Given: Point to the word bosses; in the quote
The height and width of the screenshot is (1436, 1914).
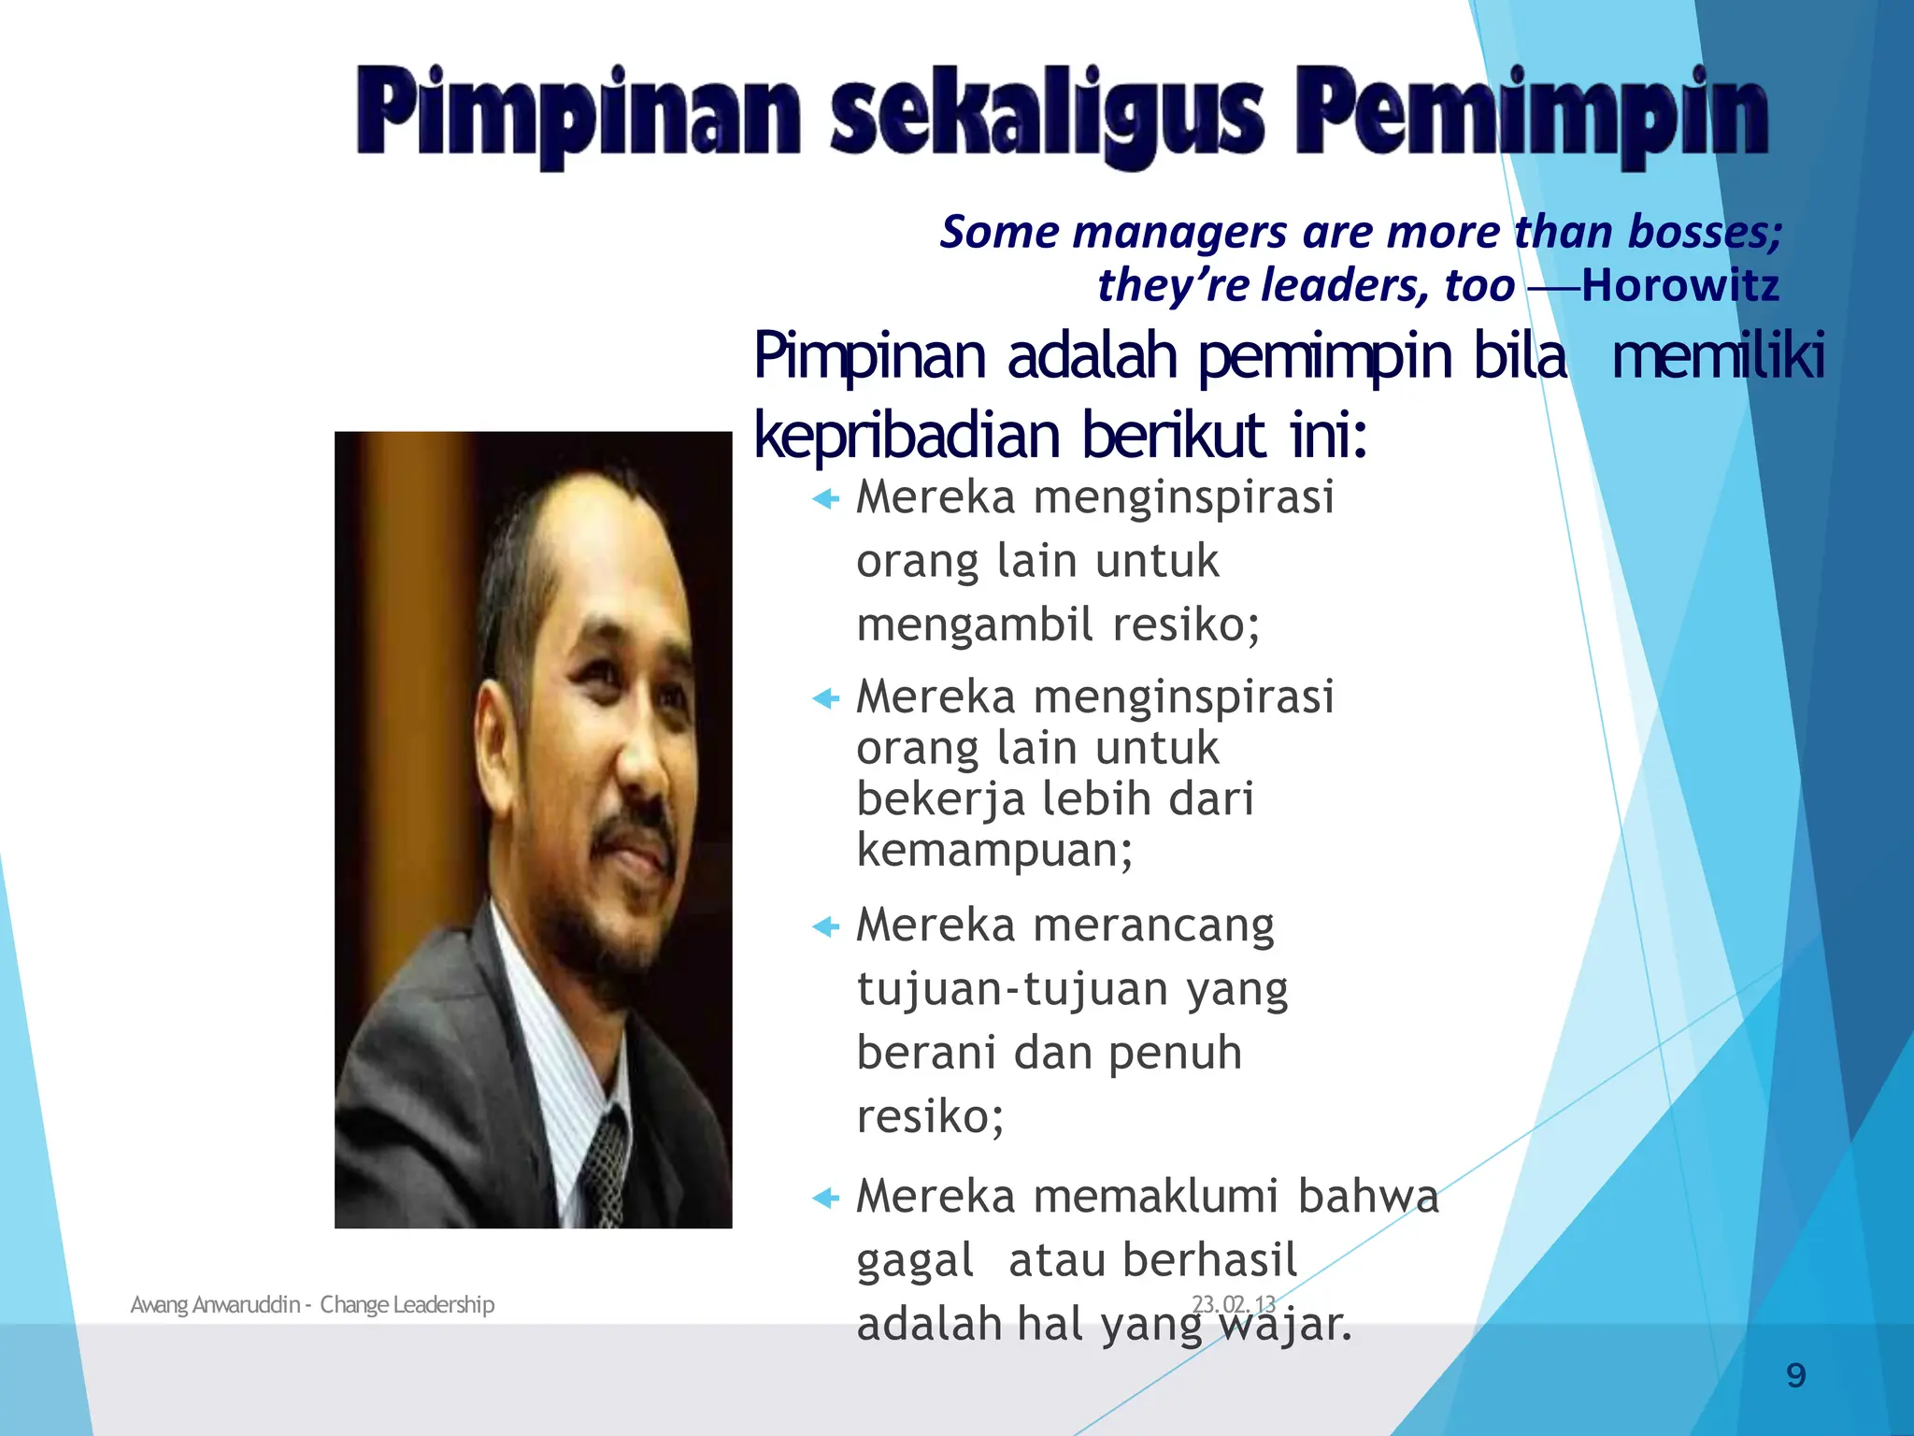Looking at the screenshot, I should pos(1705,232).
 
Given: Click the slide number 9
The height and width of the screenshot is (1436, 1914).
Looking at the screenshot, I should pos(1795,1375).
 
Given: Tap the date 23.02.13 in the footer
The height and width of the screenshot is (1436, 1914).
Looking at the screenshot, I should pos(1234,1304).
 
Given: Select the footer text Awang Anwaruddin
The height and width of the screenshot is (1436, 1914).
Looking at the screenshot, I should pos(215,1304).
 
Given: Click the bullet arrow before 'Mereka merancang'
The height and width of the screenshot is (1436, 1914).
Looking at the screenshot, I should pos(826,927).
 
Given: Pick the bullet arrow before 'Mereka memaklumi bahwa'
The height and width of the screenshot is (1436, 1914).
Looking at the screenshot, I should pos(826,1198).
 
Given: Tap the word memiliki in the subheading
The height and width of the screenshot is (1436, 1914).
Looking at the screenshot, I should pos(1718,357).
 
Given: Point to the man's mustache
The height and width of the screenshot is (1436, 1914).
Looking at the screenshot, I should pos(636,832).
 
